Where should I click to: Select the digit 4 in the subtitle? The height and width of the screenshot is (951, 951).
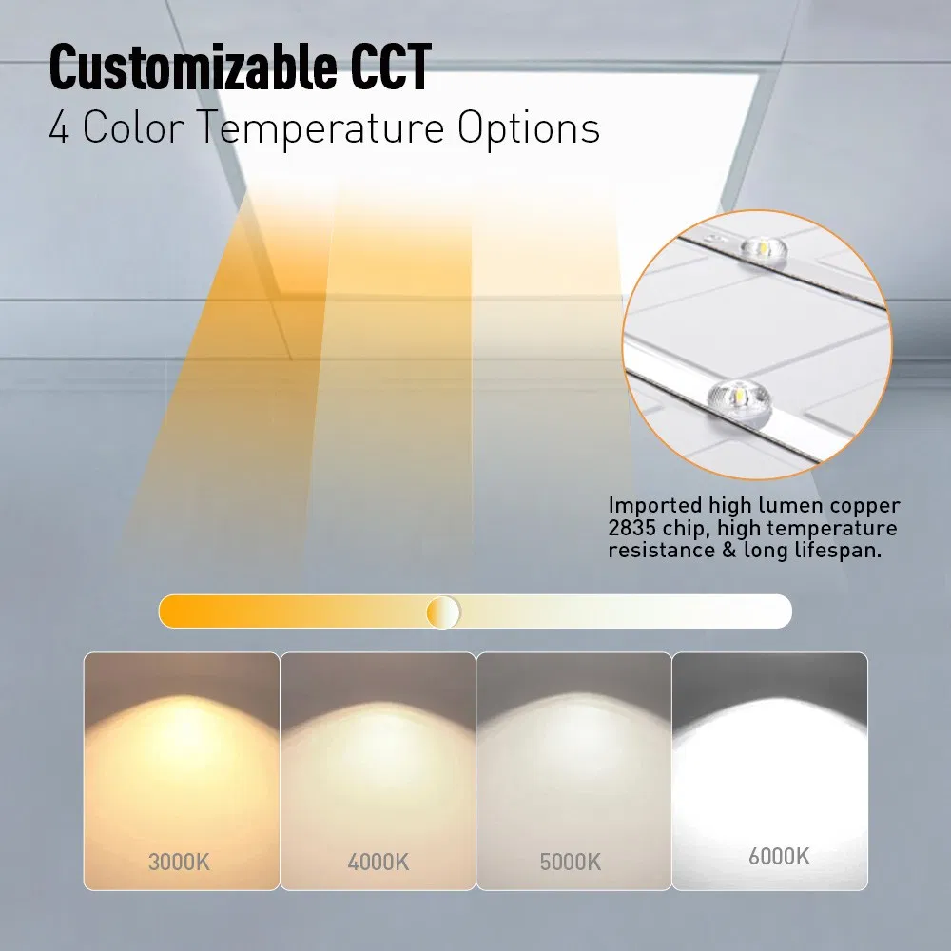60,129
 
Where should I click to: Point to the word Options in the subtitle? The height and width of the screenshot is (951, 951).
529,129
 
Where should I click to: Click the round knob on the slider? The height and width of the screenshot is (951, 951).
443,611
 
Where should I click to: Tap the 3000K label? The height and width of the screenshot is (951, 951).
179,863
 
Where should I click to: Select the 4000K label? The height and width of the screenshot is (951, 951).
378,863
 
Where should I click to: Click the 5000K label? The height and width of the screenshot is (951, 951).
571,863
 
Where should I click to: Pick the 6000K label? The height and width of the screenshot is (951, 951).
779,856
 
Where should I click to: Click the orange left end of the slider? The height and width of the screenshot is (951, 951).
176,611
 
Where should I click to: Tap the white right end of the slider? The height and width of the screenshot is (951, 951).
775,611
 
